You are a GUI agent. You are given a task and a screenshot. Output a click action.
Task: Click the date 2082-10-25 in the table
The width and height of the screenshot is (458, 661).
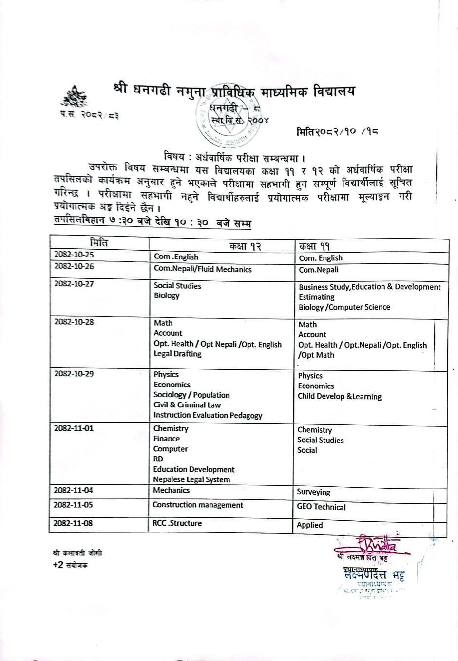(x=74, y=254)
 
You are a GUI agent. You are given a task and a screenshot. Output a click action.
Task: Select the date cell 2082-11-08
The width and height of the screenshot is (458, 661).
(x=73, y=523)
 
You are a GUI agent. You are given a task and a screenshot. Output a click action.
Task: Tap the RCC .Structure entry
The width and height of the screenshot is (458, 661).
(x=177, y=523)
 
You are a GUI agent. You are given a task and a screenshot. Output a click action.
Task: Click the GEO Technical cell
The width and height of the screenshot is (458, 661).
(x=321, y=507)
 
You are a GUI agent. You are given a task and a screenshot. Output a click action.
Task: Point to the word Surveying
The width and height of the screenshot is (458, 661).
(x=313, y=492)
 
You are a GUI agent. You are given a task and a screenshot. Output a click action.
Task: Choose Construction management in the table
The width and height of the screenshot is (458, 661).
(x=198, y=505)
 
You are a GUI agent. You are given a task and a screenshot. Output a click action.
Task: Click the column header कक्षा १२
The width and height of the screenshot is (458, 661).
(x=246, y=246)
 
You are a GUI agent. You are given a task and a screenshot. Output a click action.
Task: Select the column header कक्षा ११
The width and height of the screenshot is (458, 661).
(x=314, y=246)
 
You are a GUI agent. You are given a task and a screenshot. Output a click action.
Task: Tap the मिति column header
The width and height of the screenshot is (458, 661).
(x=98, y=243)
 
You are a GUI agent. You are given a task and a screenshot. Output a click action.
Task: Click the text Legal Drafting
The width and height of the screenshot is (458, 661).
(x=177, y=354)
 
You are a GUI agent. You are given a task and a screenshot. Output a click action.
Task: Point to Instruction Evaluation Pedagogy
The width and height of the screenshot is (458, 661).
(x=208, y=415)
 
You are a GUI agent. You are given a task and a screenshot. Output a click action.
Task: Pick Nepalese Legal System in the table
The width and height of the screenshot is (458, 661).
(x=191, y=479)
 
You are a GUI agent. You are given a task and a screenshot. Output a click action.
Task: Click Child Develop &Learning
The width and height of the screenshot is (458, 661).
(x=340, y=396)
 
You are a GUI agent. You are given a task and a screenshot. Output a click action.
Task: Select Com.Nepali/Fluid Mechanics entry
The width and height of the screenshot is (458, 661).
(x=203, y=269)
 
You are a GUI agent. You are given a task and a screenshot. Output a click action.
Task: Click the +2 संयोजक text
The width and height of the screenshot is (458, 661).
(x=70, y=565)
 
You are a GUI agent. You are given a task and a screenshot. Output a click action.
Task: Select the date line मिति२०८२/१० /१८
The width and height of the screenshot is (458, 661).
(x=337, y=132)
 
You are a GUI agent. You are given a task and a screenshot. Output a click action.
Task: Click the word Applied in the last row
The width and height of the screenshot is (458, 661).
(x=310, y=525)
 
